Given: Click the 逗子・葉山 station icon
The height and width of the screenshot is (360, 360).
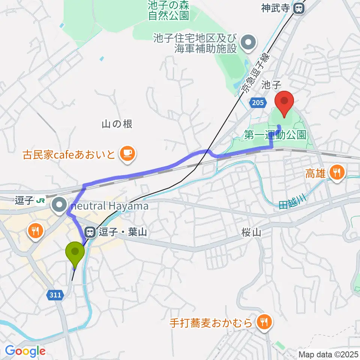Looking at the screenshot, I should (90, 232).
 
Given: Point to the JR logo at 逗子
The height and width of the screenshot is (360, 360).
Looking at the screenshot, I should (40, 201).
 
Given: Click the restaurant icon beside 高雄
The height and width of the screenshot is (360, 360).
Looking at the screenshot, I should (336, 172).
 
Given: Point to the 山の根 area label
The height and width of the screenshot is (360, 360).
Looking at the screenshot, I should (117, 124).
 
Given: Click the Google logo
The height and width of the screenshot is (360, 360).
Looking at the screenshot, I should (25, 351).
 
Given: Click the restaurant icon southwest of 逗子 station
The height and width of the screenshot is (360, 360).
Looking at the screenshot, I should (36, 230).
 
